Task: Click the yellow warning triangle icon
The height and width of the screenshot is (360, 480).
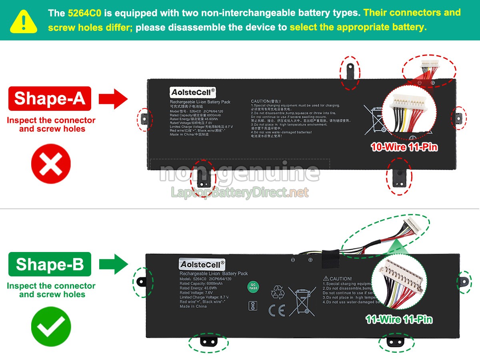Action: pos(24,21)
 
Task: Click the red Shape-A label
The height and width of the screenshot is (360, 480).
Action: pos(50,98)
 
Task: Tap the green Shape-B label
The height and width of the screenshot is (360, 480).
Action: pos(50,264)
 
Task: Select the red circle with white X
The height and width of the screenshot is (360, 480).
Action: pos(51,164)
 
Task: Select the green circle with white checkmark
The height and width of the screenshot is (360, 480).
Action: pos(51,327)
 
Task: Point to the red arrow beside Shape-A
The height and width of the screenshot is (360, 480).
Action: pos(113,99)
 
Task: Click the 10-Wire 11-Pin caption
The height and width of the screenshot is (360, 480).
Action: pos(404,147)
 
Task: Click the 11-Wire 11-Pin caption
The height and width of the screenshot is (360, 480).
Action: pos(399,319)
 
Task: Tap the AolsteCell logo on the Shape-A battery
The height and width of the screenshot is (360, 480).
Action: pos(193,92)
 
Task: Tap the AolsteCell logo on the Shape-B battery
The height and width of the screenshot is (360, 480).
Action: pos(202,264)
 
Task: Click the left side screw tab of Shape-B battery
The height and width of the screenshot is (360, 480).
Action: pos(141,282)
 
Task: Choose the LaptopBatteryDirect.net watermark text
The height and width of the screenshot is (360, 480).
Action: pos(240,192)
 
